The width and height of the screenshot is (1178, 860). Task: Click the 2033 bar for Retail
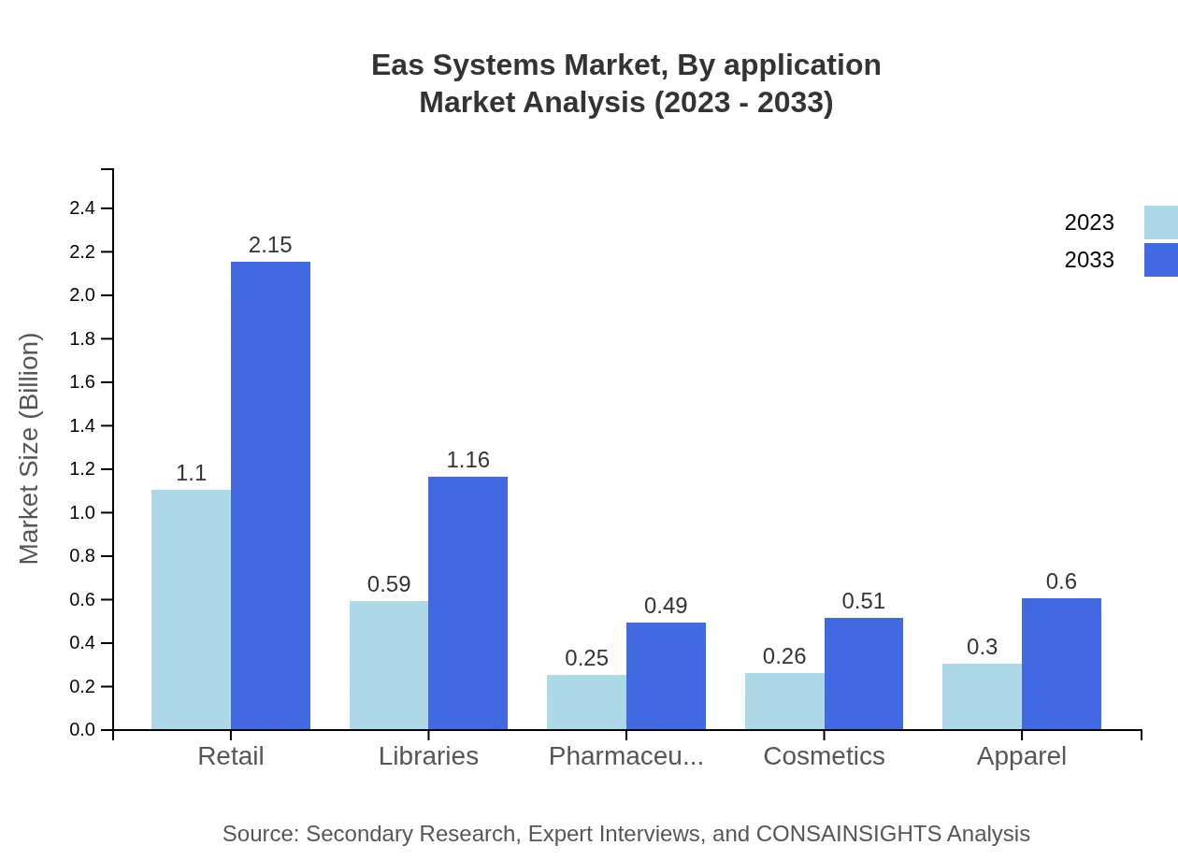[x=270, y=495]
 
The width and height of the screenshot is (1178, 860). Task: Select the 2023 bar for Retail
[x=191, y=609]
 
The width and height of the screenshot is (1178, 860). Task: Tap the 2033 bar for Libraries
[x=467, y=603]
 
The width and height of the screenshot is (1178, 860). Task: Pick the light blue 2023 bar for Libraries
[x=389, y=665]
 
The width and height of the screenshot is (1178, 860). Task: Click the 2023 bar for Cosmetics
[x=784, y=701]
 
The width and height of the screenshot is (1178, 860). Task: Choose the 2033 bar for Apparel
[x=1061, y=664]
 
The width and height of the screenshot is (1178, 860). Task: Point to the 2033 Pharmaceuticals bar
[x=666, y=676]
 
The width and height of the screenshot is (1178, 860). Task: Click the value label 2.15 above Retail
[x=270, y=245]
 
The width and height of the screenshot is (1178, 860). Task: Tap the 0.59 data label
[x=389, y=584]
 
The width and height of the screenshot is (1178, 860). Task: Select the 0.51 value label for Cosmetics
[x=863, y=601]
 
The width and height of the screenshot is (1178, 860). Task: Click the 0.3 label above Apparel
[x=982, y=647]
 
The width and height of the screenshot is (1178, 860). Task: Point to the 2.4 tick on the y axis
[x=82, y=208]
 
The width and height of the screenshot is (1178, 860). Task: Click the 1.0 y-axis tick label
[x=82, y=513]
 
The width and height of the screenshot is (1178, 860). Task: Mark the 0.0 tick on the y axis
[x=82, y=730]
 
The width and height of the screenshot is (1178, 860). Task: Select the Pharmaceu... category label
[x=625, y=756]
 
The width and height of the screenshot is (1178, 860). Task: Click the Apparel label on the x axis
[x=1021, y=756]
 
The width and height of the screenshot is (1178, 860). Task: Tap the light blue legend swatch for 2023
[x=1161, y=222]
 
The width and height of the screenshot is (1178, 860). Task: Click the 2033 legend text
[x=1089, y=260]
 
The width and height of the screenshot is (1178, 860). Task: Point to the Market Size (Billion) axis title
[x=29, y=449]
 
